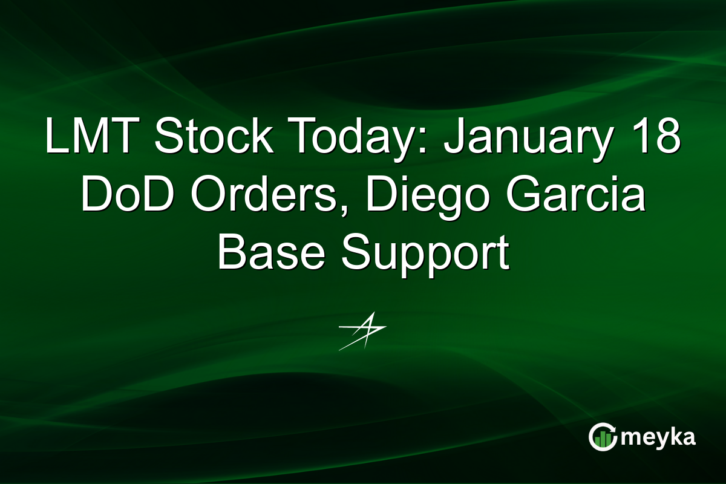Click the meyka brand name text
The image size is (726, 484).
tap(659, 437)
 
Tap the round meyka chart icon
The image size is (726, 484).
tap(603, 437)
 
